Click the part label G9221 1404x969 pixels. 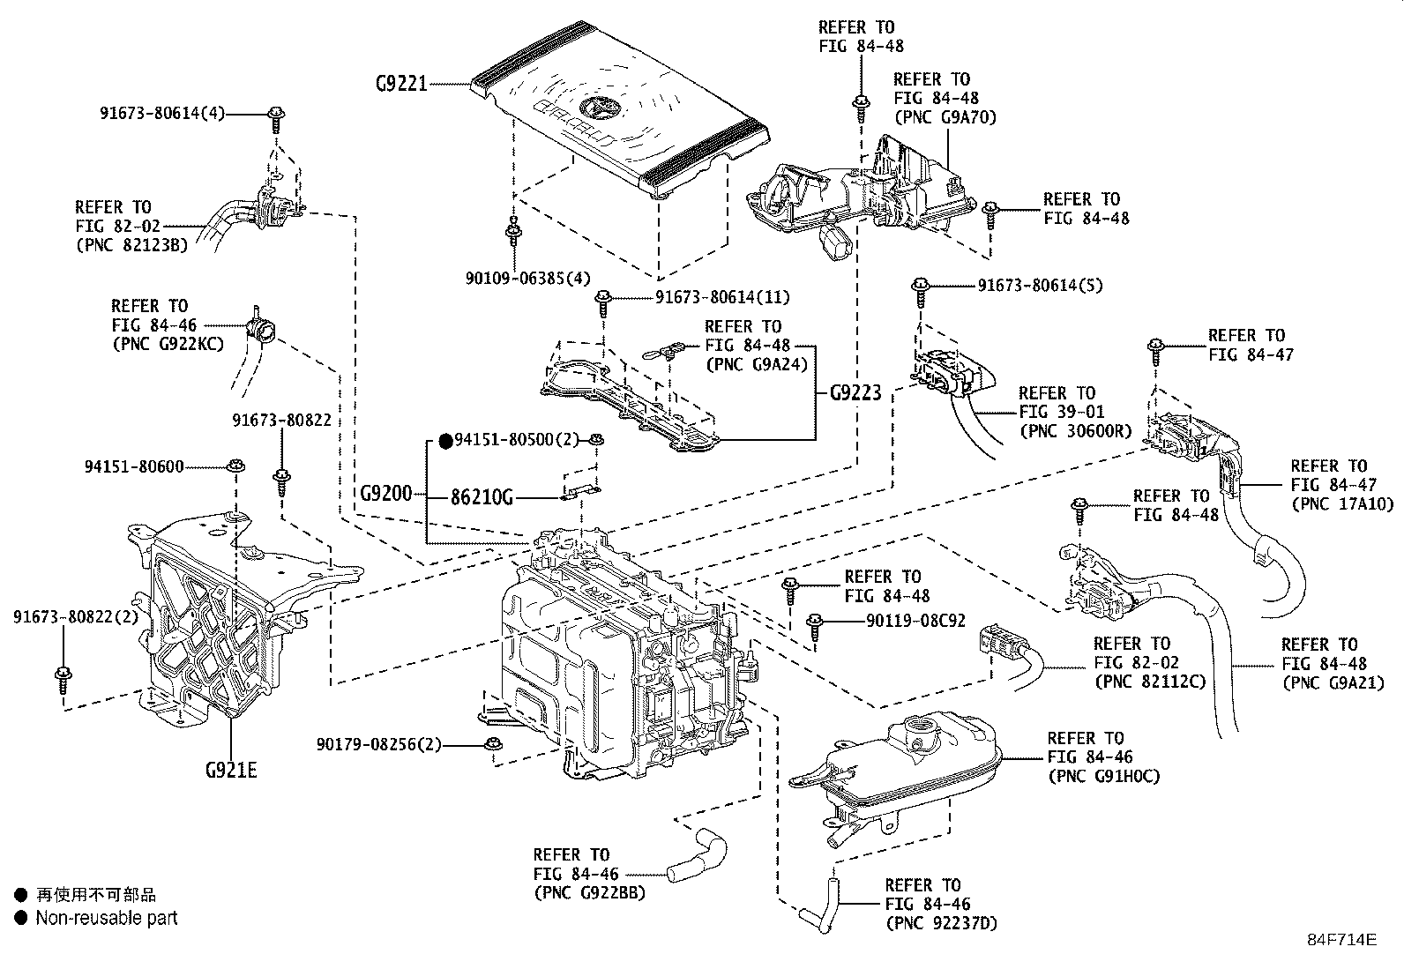pos(401,84)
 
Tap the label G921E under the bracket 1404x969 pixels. pos(231,770)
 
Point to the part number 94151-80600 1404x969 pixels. pos(135,466)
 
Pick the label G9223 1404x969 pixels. pos(855,393)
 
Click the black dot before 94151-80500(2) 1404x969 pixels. pos(445,440)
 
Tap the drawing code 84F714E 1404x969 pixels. pos(1341,939)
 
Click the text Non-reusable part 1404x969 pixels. pos(107,918)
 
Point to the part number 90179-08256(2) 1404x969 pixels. pos(378,745)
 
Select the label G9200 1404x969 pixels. pos(385,494)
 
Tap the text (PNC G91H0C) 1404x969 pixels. pos(1103,776)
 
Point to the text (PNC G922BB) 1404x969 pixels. pos(589,892)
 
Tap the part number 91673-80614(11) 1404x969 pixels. pos(722,297)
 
